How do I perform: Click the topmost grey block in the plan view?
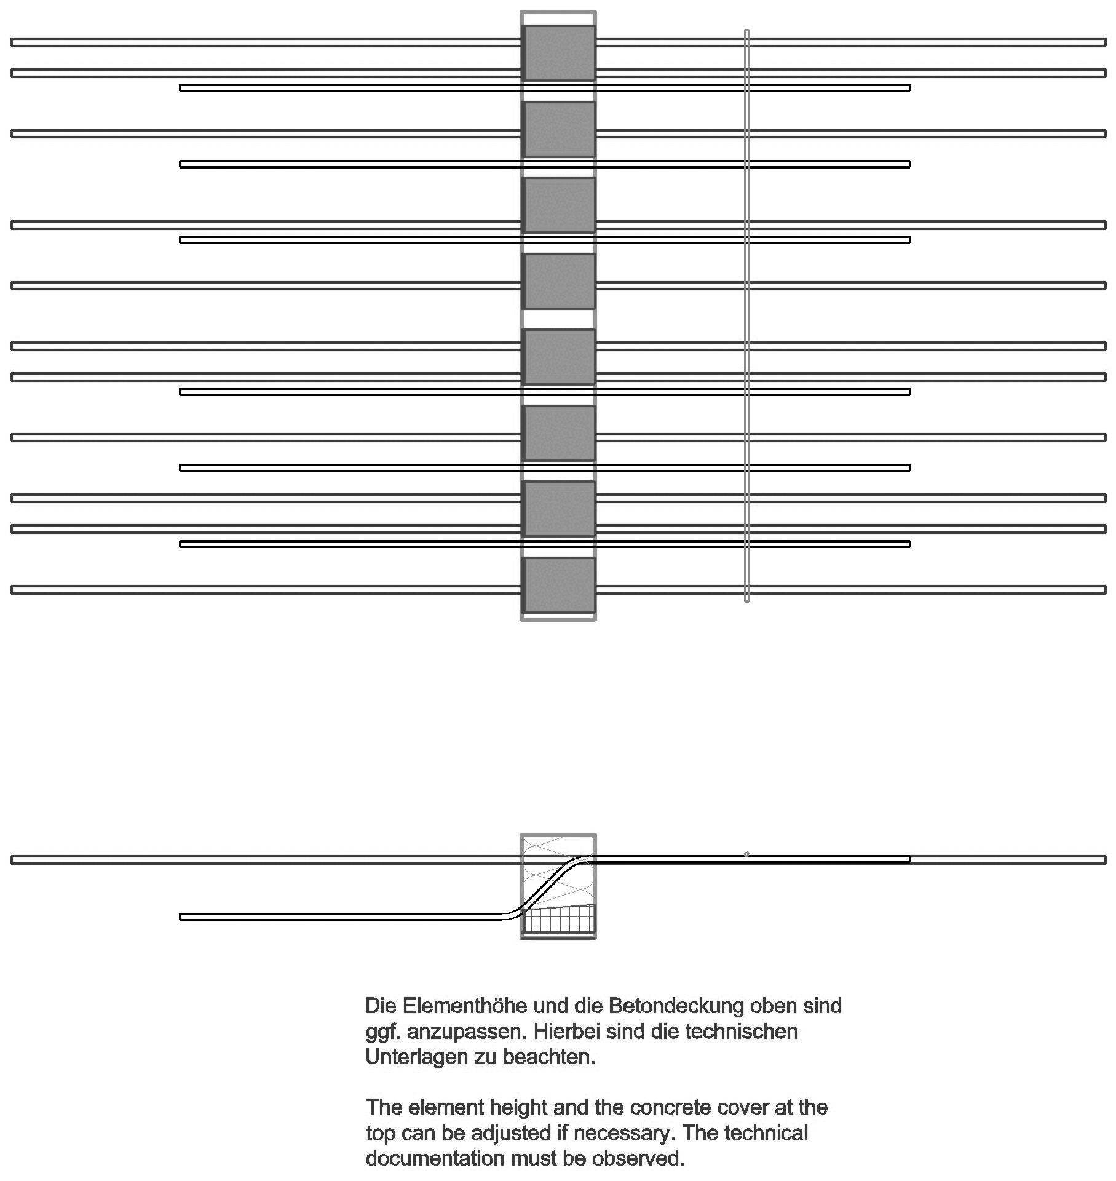[x=558, y=53]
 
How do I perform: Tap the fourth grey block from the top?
[x=558, y=281]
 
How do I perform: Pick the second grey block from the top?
[x=558, y=129]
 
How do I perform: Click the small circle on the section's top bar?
[x=746, y=854]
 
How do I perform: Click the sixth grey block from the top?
[x=558, y=433]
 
